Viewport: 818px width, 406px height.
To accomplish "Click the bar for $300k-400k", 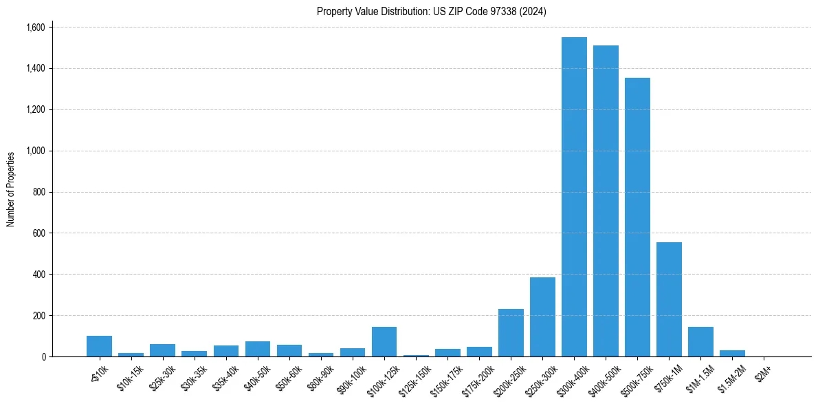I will point(574,197).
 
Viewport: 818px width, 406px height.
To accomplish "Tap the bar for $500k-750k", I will point(637,217).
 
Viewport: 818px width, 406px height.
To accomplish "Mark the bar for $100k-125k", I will point(384,341).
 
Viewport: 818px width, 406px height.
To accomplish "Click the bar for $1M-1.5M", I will point(700,341).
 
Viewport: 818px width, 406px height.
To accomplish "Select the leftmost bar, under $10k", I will point(99,346).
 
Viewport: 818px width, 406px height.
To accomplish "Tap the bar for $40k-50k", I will point(258,349).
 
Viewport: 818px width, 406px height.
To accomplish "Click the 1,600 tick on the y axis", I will point(35,28).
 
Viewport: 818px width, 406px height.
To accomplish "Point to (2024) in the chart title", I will point(533,11).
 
